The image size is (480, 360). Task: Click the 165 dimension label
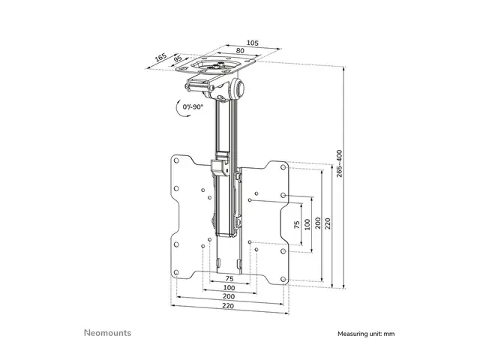(160, 56)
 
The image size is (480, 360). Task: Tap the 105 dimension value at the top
(252, 43)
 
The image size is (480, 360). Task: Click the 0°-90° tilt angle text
(193, 107)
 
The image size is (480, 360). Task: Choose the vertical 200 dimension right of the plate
(319, 223)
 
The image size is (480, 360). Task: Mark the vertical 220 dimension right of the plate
(329, 223)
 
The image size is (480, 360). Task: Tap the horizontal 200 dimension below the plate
(228, 296)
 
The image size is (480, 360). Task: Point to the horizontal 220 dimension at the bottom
(228, 306)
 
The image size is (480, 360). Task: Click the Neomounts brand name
(106, 331)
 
